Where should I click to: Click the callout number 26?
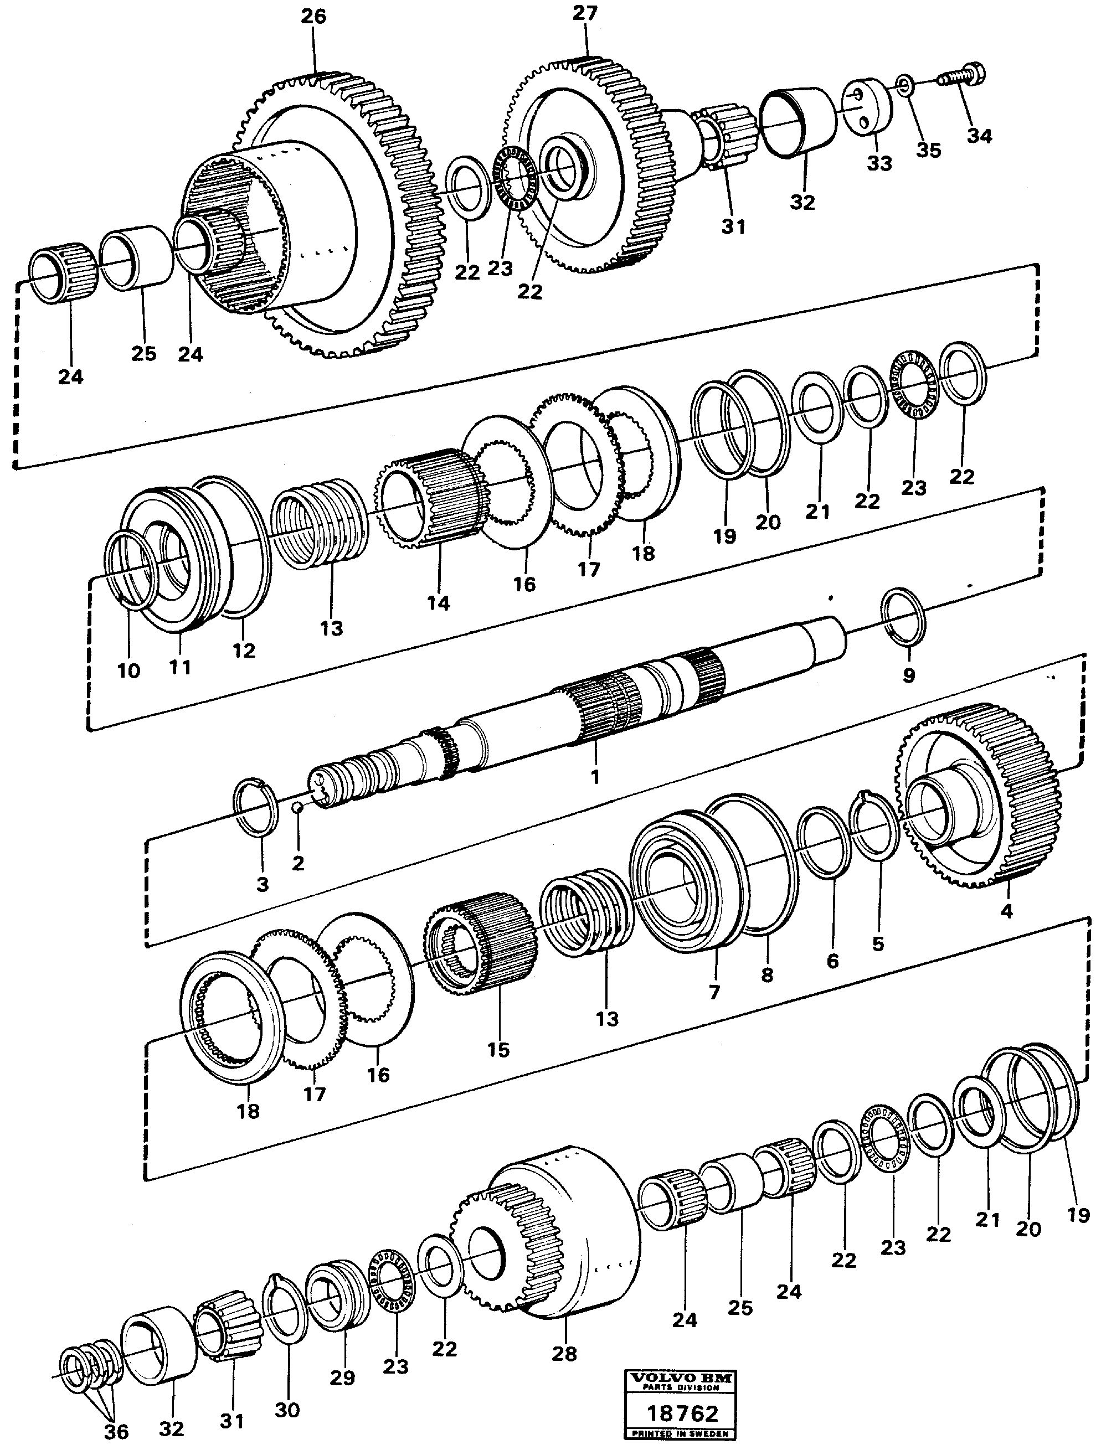[x=313, y=17]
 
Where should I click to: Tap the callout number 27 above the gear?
[x=585, y=13]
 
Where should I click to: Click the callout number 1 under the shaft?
[x=594, y=777]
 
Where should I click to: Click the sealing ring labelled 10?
[x=131, y=570]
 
